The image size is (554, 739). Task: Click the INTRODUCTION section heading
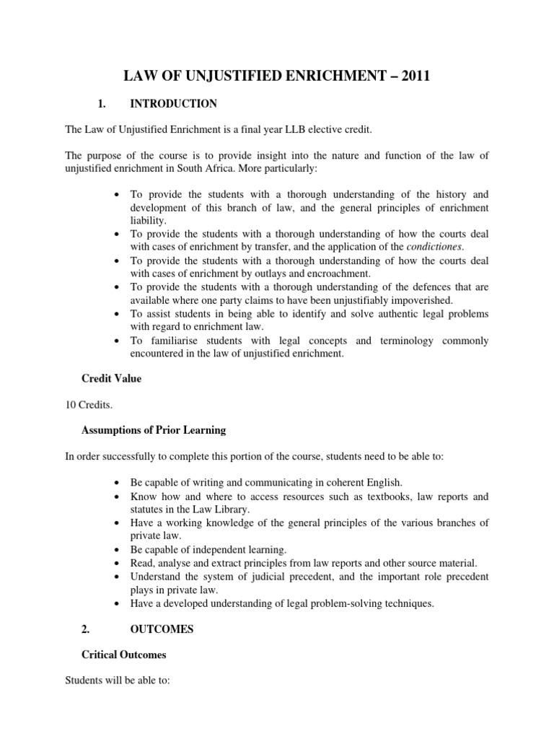pos(173,104)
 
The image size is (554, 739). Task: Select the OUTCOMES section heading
pos(162,629)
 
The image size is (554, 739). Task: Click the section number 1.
pos(102,104)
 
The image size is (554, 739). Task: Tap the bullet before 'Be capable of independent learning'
pos(117,550)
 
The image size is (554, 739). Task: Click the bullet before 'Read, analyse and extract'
pos(117,563)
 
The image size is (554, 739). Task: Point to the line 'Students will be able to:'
pos(117,681)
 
